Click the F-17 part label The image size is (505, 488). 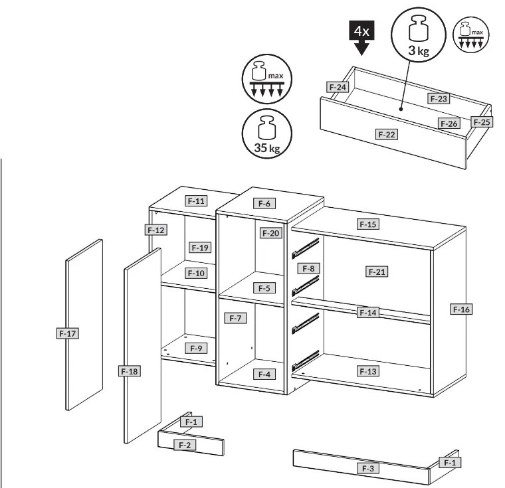[x=67, y=333]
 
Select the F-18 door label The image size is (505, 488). [x=129, y=371]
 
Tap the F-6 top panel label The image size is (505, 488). [x=264, y=203]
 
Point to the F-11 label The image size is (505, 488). [x=196, y=201]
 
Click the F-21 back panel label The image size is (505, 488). [x=377, y=272]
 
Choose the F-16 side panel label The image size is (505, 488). [x=461, y=309]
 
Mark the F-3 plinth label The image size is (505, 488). [x=368, y=468]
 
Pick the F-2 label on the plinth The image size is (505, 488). [x=185, y=446]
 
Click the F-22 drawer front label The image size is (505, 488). [x=387, y=134]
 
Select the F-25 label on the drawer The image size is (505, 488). [x=482, y=122]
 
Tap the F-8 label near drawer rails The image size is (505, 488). [x=308, y=268]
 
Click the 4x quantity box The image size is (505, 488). [x=361, y=31]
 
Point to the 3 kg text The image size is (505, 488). [x=419, y=50]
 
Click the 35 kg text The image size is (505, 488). [x=267, y=148]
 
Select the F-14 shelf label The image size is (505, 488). [x=368, y=312]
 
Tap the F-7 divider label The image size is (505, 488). [x=235, y=318]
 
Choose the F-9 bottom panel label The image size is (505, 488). [x=196, y=348]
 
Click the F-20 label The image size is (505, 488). [x=271, y=233]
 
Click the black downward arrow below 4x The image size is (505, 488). [x=361, y=47]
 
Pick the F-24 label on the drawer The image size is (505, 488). [x=337, y=87]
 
